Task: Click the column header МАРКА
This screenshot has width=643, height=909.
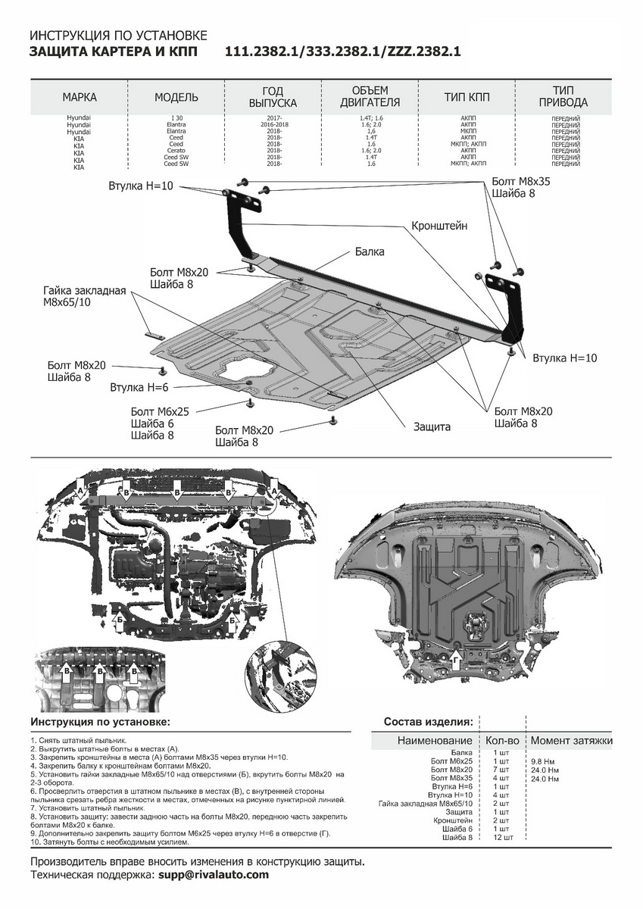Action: [x=80, y=97]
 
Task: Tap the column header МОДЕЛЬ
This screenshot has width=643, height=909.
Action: [x=176, y=97]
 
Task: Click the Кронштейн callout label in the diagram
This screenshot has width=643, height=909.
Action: [x=439, y=226]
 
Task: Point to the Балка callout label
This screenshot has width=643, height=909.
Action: [x=370, y=251]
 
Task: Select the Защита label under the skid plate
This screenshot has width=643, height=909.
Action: [x=432, y=426]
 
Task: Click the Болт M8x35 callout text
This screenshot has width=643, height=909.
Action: [x=521, y=182]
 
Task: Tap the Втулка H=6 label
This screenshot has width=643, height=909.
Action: [x=139, y=387]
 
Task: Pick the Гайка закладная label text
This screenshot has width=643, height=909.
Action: [x=84, y=290]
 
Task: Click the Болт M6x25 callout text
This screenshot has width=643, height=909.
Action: [x=160, y=411]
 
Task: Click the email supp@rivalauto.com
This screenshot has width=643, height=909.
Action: [x=214, y=875]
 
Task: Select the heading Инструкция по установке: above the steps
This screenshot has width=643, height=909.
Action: [x=101, y=722]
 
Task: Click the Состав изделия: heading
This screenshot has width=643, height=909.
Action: [x=428, y=721]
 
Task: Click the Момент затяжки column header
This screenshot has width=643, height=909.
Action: [x=571, y=740]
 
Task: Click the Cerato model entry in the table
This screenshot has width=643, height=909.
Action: [x=176, y=150]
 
